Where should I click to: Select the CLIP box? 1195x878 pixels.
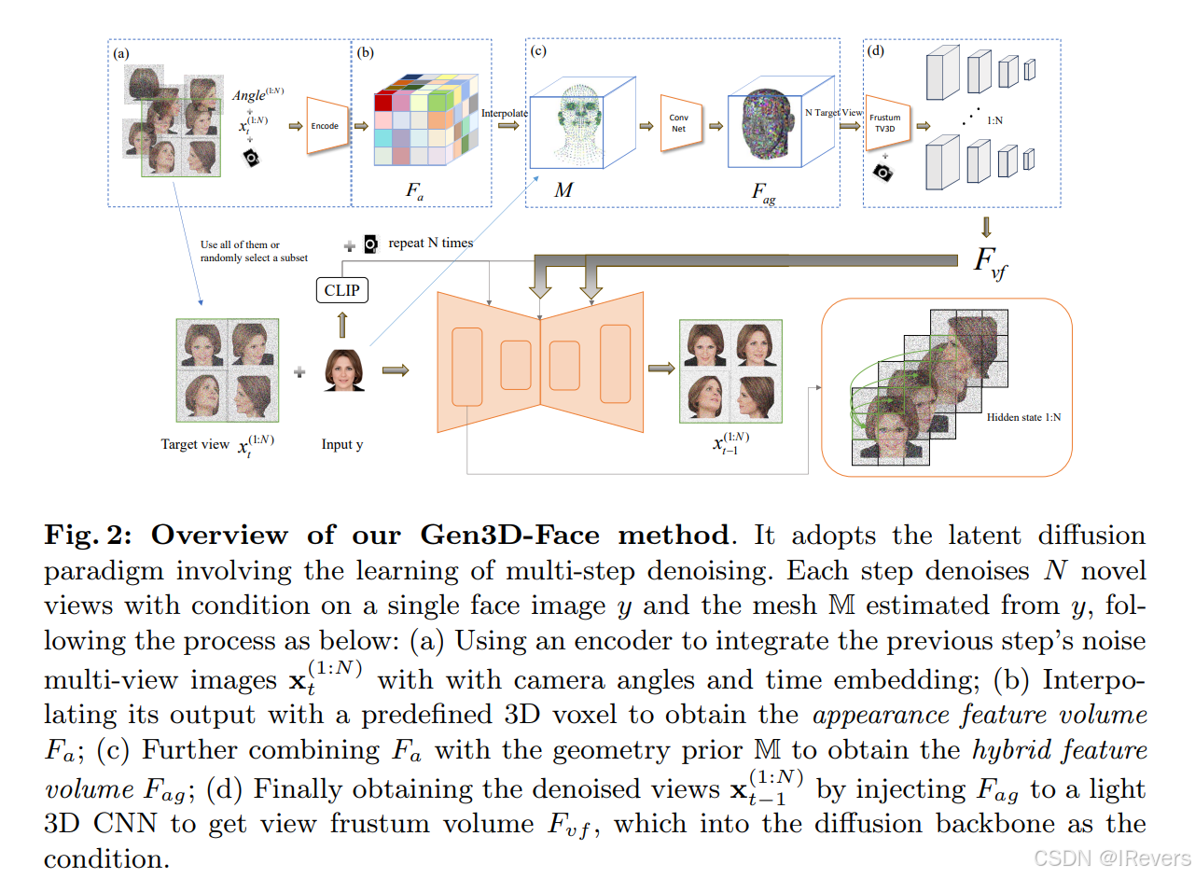coord(340,291)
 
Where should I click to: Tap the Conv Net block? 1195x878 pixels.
coord(679,123)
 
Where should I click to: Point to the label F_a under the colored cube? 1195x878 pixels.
coord(415,191)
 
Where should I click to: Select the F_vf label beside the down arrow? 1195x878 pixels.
coord(990,261)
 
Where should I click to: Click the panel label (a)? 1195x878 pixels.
coord(120,53)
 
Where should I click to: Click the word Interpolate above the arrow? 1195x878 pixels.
coord(505,113)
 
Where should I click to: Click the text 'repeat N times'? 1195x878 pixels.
coord(430,243)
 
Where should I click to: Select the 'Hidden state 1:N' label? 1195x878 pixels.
coord(1023,417)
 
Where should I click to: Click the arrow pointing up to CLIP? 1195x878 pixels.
coord(341,325)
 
